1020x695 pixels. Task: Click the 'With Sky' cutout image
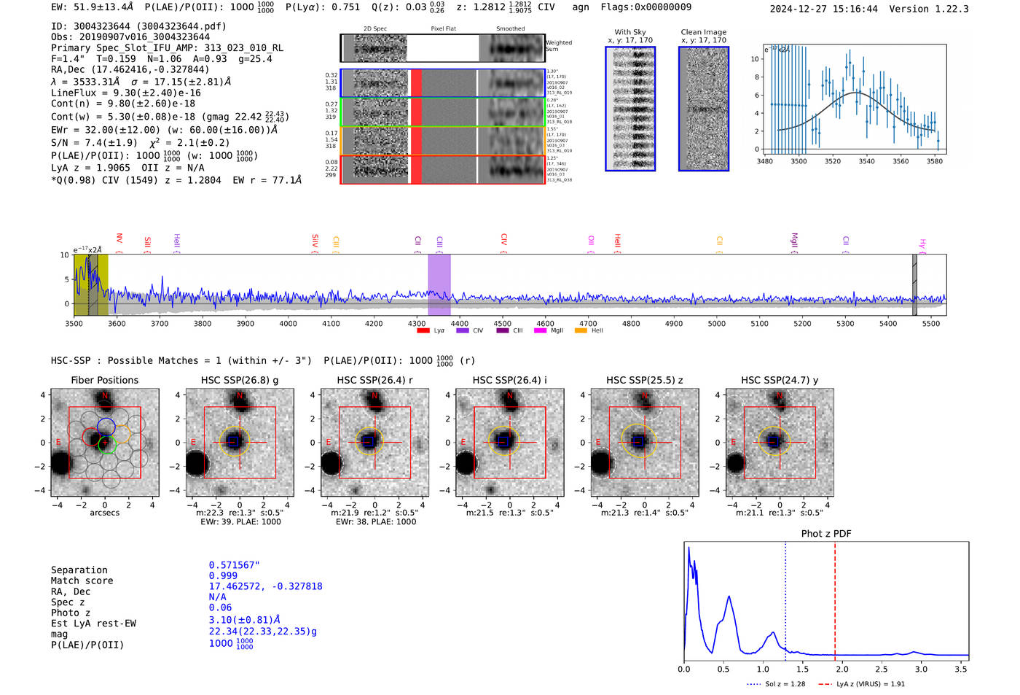[x=630, y=109]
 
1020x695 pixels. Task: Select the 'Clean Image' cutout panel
[x=703, y=109]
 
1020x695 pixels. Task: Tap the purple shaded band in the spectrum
[x=439, y=284]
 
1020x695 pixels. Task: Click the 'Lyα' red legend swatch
[x=423, y=331]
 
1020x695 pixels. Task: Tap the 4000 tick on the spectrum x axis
[x=288, y=324]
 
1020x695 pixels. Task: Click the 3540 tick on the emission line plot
[x=866, y=161]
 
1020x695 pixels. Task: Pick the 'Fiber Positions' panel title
[x=104, y=380]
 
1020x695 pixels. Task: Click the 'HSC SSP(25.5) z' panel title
[x=644, y=380]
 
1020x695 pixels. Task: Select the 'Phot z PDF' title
[x=826, y=534]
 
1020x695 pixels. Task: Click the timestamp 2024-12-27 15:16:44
[x=824, y=9]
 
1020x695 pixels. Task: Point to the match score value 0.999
[x=223, y=575]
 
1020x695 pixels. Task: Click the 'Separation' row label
[x=79, y=570]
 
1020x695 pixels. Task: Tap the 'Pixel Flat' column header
[x=443, y=29]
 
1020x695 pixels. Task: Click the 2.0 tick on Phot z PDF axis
[x=842, y=669]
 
